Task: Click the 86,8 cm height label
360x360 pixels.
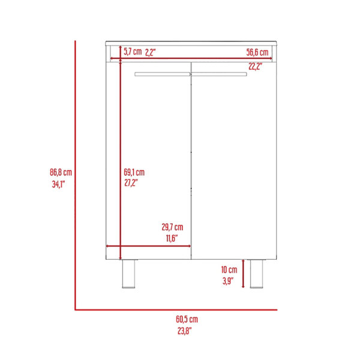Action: (61, 172)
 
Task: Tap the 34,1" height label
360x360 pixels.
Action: (58, 184)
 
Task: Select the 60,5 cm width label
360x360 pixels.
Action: (187, 319)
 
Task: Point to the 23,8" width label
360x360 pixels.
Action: (184, 331)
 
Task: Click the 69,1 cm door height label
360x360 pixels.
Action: (134, 172)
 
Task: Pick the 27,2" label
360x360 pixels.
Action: (131, 183)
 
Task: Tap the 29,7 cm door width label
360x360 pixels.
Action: (172, 227)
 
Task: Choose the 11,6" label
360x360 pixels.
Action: (172, 238)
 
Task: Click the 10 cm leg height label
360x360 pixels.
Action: (229, 269)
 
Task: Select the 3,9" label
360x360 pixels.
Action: (228, 281)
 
